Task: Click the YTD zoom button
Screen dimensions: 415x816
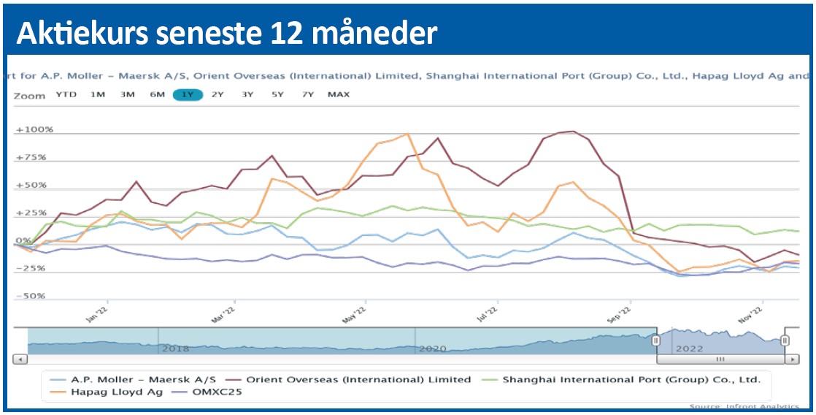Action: [x=66, y=94]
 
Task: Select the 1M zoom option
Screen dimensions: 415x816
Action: [x=97, y=94]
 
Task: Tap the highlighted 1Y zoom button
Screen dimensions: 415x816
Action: [x=188, y=94]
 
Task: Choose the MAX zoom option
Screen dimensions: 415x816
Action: [x=339, y=94]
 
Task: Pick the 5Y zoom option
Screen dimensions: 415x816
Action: [x=277, y=94]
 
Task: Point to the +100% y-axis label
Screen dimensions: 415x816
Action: [x=34, y=130]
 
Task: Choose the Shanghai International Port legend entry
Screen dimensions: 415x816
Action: [x=631, y=380]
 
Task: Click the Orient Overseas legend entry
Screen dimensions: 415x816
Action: [x=358, y=380]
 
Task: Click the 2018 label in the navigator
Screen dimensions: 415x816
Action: [x=175, y=349]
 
